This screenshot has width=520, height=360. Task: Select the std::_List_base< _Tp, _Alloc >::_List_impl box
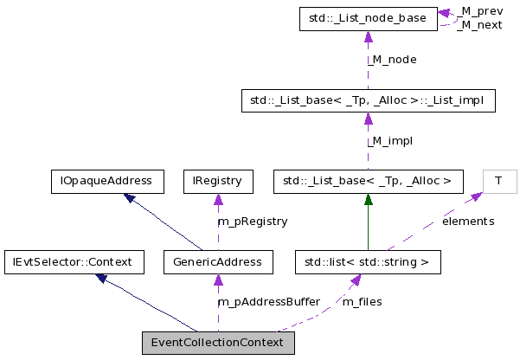368,101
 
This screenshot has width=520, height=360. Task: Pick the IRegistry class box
218,181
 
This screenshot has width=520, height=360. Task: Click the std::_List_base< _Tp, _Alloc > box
368,181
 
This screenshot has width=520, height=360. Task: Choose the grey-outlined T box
498,181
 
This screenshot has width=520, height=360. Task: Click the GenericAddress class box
218,260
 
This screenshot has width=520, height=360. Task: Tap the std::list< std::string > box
368,260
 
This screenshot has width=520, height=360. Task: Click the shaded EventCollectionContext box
218,343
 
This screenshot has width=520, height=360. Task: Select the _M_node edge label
392,60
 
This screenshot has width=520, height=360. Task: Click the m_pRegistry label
252,222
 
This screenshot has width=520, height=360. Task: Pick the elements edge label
468,222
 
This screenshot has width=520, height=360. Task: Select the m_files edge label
362,302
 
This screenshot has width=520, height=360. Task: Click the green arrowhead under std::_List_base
368,199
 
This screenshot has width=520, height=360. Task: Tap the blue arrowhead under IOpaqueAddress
130,198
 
